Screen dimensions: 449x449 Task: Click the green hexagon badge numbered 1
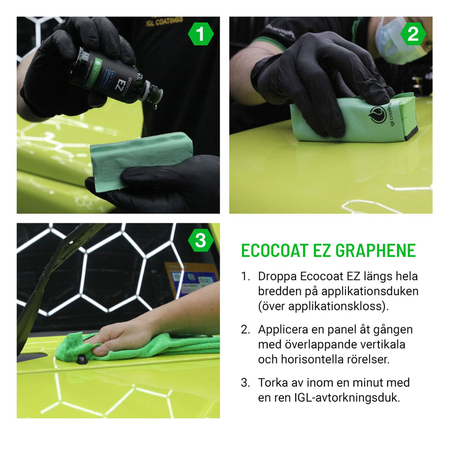coord(200,34)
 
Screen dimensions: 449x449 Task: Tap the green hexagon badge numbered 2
coord(413,34)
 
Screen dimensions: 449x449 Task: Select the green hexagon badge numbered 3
coord(200,241)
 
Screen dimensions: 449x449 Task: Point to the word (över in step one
coord(271,306)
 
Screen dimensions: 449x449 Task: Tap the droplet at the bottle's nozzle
coord(156,106)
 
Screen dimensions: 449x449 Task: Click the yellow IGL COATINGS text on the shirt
coord(165,21)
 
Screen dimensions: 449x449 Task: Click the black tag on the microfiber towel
coord(81,358)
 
